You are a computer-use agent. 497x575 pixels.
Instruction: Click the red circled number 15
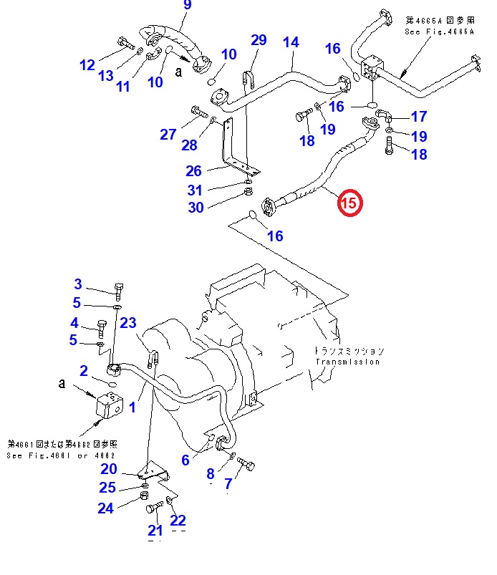coord(350,203)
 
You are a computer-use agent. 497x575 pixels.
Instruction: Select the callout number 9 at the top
coord(188,6)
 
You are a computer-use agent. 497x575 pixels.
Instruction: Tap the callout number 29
coord(258,40)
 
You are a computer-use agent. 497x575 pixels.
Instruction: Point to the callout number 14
coord(291,42)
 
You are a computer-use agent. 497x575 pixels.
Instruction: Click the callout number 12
coord(87,65)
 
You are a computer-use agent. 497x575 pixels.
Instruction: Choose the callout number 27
coord(168,134)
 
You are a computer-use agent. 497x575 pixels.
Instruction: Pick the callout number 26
coord(194,171)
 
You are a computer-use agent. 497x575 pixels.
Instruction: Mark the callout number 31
coord(195,190)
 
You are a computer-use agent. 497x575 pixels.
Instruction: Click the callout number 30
coord(195,207)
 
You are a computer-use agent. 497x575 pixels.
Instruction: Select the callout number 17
coord(418,116)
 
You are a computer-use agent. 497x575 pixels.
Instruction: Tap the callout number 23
coord(127,324)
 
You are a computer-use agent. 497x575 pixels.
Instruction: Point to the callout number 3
coord(78,284)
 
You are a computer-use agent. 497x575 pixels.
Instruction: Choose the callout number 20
coord(109,469)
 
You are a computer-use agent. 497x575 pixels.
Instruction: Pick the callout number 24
coord(105,508)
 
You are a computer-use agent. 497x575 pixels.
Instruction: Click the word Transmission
coord(347,362)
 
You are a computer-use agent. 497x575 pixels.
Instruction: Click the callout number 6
coord(185,460)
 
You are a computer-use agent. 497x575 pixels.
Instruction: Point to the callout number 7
coord(228,485)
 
